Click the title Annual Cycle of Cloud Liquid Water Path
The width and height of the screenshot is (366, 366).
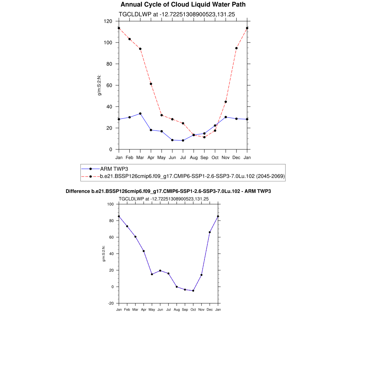point(183,5)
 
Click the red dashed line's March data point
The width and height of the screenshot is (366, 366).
point(140,49)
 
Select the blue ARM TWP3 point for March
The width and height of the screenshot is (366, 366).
point(140,113)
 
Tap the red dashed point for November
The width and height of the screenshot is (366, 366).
point(226,102)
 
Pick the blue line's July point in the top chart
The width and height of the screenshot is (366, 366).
point(183,140)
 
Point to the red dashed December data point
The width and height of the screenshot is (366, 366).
point(236,48)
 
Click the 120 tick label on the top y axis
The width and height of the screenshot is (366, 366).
point(108,21)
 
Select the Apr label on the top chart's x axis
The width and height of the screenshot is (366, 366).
point(151,157)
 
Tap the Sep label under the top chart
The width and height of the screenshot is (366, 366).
point(204,157)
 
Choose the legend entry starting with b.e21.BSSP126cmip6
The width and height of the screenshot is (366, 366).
point(192,176)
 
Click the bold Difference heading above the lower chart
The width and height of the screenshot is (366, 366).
point(168,192)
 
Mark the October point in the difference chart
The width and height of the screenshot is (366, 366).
point(193,291)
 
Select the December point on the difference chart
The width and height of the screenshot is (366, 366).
point(210,232)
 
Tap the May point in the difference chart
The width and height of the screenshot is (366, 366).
point(152,274)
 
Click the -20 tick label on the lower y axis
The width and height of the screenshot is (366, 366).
point(111,303)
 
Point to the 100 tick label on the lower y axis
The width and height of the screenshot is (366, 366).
point(110,204)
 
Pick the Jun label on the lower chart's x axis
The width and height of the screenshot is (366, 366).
point(160,310)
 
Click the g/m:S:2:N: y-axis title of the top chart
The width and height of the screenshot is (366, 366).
point(100,85)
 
